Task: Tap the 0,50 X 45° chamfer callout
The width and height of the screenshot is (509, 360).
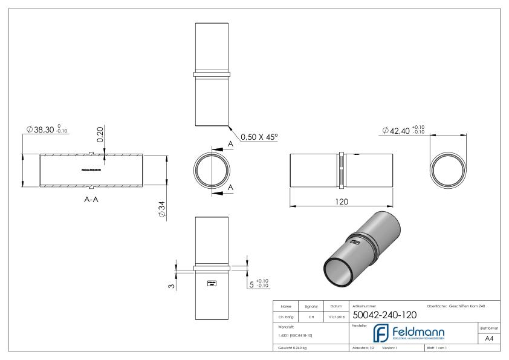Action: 259,137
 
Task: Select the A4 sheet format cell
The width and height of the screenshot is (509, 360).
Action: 490,339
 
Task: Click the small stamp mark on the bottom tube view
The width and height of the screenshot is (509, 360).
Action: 212,283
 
